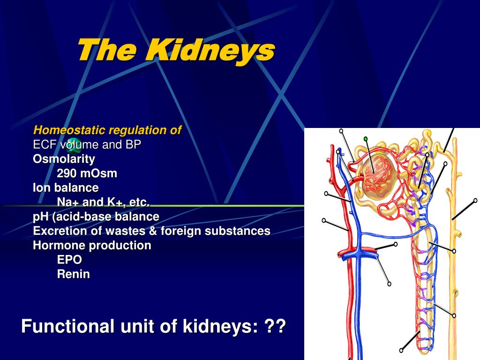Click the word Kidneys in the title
[x=210, y=50]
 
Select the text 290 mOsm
[x=87, y=173]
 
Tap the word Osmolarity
[x=64, y=159]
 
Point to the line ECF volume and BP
[x=87, y=145]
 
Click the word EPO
[x=69, y=260]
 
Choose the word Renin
[x=73, y=274]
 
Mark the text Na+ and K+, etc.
[x=103, y=202]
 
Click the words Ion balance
[x=66, y=188]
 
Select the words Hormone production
[x=92, y=245]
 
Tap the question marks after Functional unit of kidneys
[x=275, y=326]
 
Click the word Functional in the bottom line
[x=68, y=326]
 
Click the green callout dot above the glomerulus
[x=366, y=139]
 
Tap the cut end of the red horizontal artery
[x=341, y=254]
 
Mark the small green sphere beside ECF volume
[x=72, y=149]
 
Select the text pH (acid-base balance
[x=96, y=217]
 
